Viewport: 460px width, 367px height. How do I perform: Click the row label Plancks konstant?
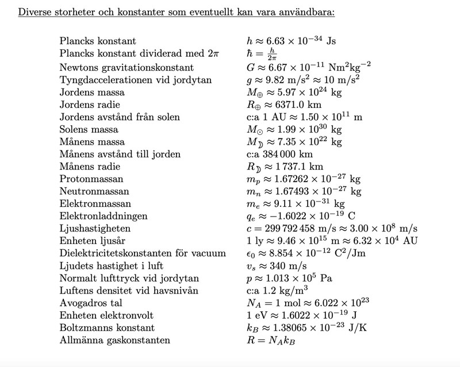tap(98, 41)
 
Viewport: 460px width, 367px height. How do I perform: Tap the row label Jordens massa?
tap(92, 92)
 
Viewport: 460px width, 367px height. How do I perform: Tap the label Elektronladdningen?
tap(103, 216)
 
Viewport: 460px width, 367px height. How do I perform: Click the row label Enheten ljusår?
tap(93, 241)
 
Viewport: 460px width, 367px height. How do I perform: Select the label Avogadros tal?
tap(91, 303)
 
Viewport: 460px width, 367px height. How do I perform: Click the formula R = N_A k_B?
tap(271, 340)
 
